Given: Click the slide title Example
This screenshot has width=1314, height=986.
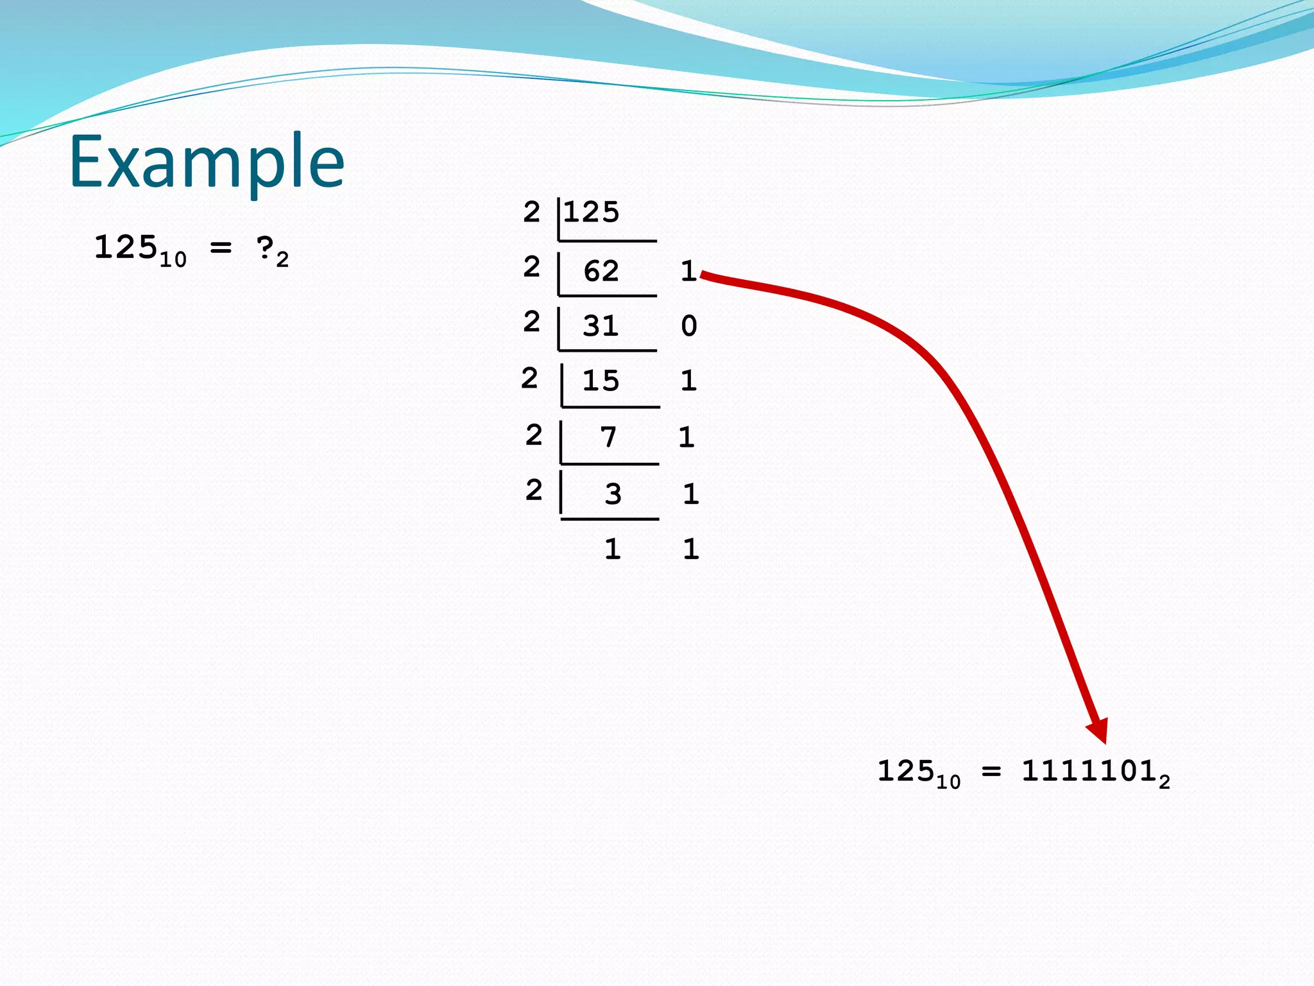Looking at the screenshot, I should coord(207,162).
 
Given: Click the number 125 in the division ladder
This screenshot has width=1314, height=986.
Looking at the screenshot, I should coord(592,212).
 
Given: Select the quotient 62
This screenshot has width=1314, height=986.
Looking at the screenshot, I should coord(601,271).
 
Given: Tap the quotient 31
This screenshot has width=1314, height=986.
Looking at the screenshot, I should coord(601,326).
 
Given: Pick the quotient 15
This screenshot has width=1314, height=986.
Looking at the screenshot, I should coord(601,381).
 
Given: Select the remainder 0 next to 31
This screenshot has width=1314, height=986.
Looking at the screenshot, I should coord(689,326).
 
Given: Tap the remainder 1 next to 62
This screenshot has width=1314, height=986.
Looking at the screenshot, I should coord(688,271).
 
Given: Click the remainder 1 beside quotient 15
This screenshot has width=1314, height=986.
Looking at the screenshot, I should coord(688,381).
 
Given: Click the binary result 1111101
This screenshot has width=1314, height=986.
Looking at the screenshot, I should coord(1089,771).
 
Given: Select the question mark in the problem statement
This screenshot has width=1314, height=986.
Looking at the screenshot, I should coord(264,248).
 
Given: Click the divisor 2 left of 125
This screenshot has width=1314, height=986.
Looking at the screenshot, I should coord(531,212).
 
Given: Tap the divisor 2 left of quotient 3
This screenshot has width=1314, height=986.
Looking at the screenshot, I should coord(534,490).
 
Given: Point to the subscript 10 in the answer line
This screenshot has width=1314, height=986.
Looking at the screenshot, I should coord(948,782).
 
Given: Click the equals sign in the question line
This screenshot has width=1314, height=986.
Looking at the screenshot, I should coord(221,247).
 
